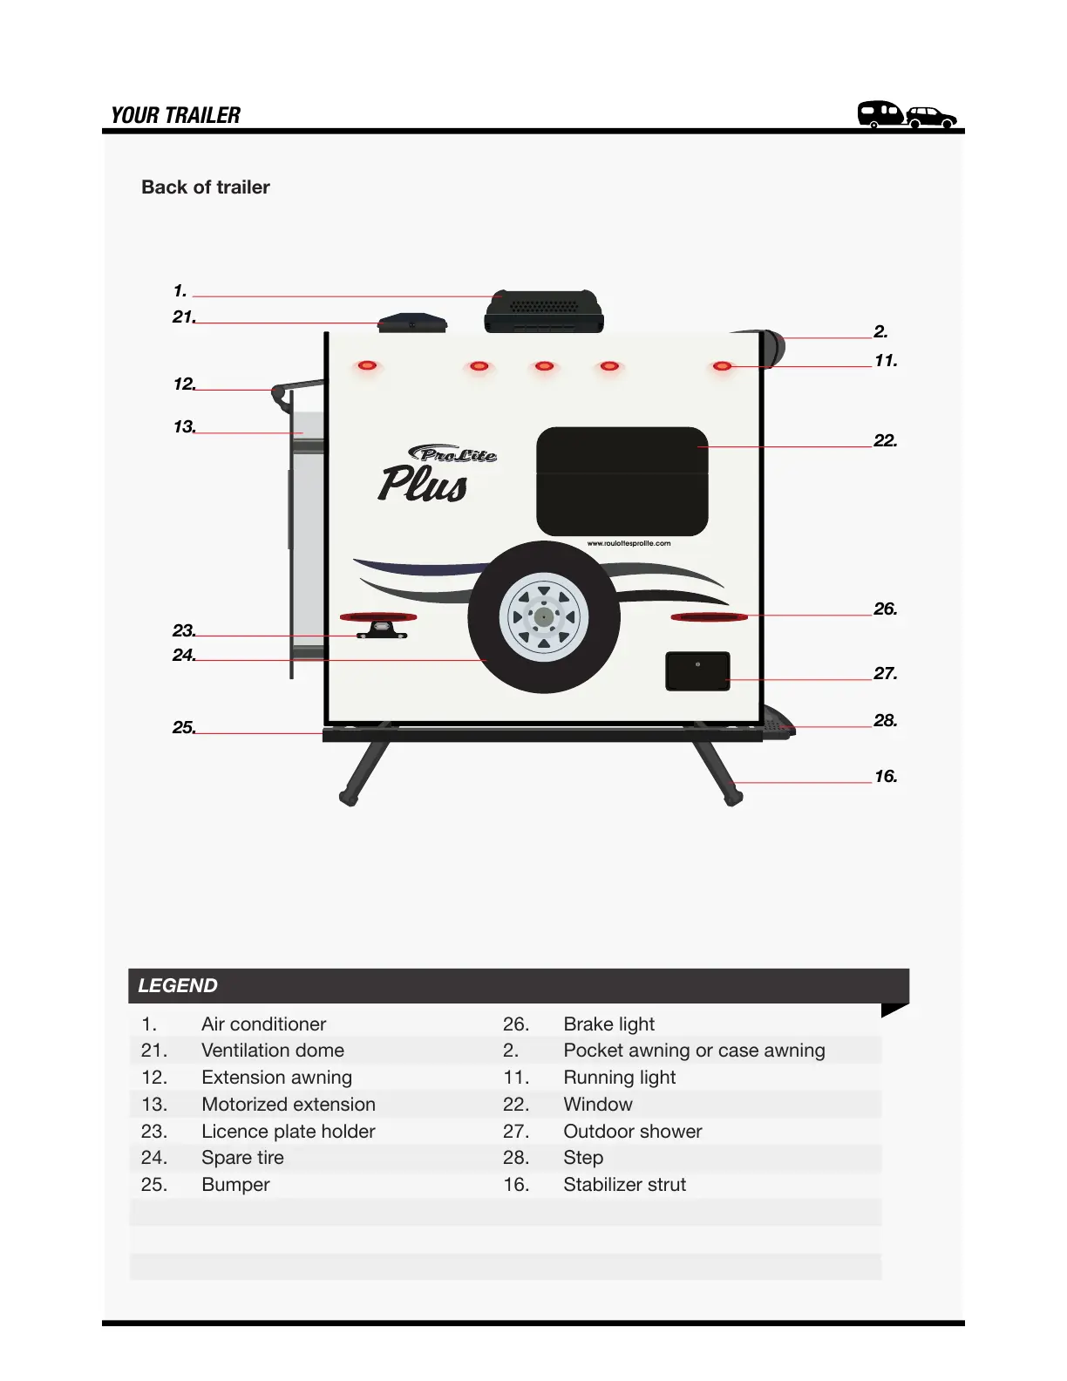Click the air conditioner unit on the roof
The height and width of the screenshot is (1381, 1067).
coord(544,310)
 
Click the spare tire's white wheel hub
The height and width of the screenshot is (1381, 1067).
coord(544,616)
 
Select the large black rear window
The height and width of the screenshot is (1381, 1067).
coord(622,481)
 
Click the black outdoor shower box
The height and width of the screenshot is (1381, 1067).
coord(697,671)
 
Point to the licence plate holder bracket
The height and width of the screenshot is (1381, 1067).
coord(382,629)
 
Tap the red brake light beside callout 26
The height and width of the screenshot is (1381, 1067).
coord(709,617)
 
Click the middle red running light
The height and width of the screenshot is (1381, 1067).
coord(544,366)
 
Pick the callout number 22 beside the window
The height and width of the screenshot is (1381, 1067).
coord(885,441)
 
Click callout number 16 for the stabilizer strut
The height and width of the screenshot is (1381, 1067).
coord(886,777)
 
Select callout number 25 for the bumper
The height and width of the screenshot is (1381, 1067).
coord(183,727)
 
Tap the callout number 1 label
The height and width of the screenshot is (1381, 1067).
coord(180,291)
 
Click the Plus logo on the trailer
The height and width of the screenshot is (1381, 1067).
coord(424,484)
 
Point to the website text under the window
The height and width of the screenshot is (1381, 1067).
coord(629,543)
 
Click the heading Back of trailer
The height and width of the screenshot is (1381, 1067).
coord(206,187)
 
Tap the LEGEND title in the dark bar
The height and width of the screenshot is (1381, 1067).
coord(178,986)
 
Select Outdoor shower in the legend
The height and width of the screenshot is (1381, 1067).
coord(632,1132)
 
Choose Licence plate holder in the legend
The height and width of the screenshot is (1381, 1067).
coord(288,1132)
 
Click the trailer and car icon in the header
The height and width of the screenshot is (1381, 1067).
coord(907,114)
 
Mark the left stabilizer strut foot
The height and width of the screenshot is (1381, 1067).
coord(349,797)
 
